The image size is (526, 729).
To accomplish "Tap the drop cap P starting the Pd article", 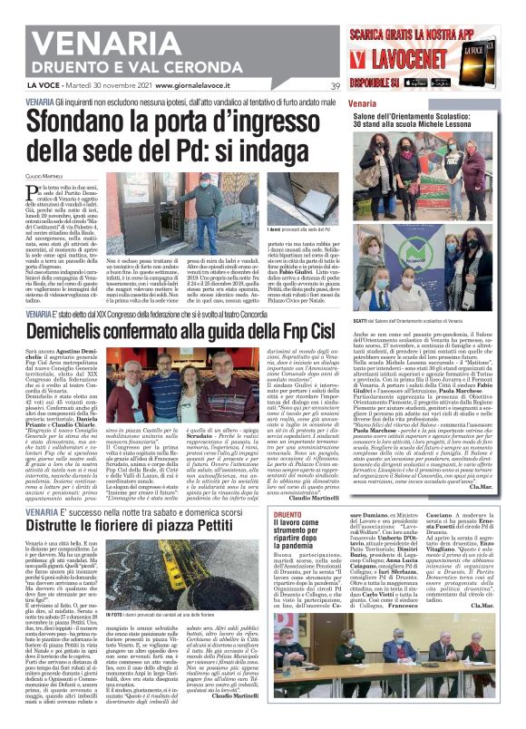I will click(x=33, y=190).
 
